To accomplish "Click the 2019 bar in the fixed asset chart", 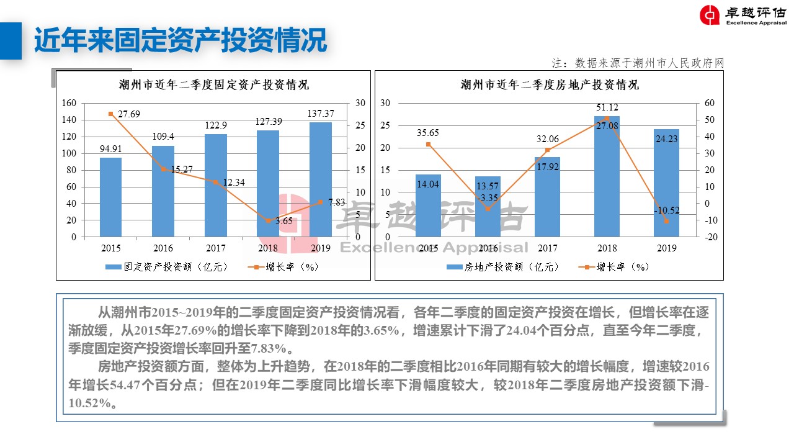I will point(320,179).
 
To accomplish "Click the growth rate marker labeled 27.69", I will point(111,114).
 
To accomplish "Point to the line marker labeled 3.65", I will point(268,220).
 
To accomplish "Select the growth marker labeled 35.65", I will point(428,145).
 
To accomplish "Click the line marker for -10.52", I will point(666,221).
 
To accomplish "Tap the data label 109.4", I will point(163,136).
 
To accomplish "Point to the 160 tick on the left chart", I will point(69,103).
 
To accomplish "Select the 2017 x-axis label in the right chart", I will point(547,248).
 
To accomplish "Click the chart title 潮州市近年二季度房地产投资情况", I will point(550,84).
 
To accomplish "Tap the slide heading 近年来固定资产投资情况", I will point(180,41).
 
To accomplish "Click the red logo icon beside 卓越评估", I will point(710,15).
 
